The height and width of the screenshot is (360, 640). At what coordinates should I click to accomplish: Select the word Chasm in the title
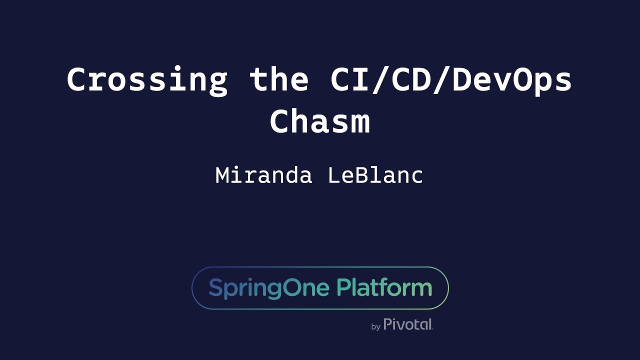click(x=320, y=122)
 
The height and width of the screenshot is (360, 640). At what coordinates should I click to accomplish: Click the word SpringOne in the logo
click(x=269, y=288)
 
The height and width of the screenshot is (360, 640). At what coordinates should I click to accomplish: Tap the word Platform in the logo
click(x=384, y=288)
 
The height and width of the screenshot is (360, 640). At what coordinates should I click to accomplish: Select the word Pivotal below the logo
click(x=408, y=324)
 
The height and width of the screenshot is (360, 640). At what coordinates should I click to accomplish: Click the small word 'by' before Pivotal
click(x=376, y=327)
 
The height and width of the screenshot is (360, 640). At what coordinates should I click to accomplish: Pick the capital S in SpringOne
click(x=214, y=288)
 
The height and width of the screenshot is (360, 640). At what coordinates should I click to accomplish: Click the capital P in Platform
click(x=342, y=288)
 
